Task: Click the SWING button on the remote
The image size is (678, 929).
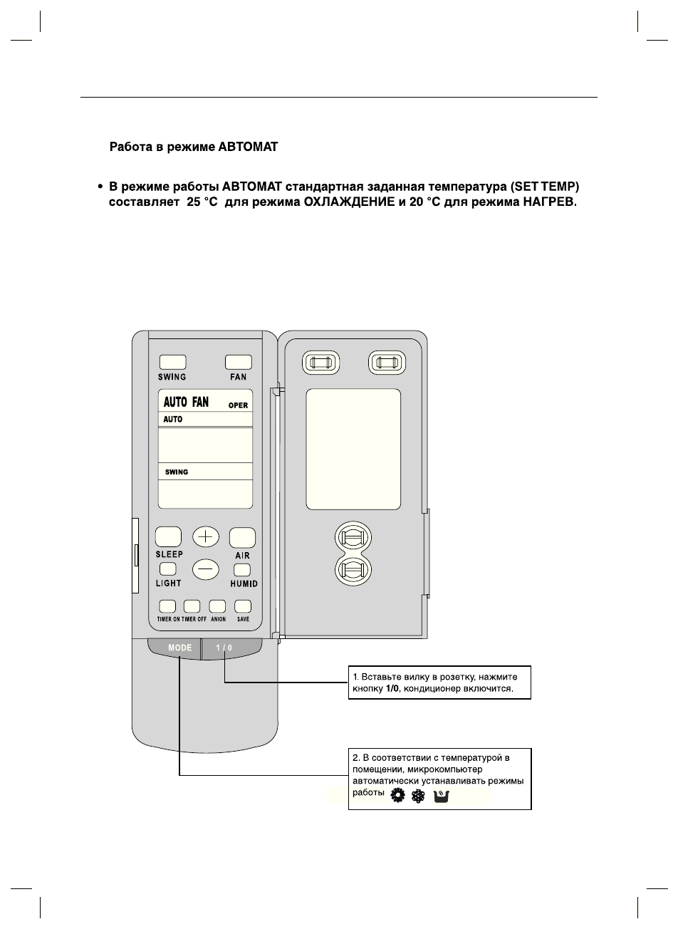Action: pos(172,362)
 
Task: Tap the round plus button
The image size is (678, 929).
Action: pos(206,536)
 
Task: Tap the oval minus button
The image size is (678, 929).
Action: pos(206,569)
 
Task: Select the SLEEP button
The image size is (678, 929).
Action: pos(168,536)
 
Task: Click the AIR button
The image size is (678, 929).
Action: pos(242,537)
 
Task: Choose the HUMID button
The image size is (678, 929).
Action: pos(242,569)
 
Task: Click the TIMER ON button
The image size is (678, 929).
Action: pos(167,606)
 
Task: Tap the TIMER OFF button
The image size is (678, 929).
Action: pos(192,606)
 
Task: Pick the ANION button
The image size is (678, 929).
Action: pos(217,606)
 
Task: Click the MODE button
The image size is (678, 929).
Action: pos(179,648)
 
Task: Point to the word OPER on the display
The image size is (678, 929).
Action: pos(238,405)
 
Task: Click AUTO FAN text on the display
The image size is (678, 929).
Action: pos(186,403)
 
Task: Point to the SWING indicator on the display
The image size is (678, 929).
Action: pos(177,472)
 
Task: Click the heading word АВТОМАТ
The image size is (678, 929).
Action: pos(248,147)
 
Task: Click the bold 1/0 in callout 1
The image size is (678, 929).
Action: pos(392,690)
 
